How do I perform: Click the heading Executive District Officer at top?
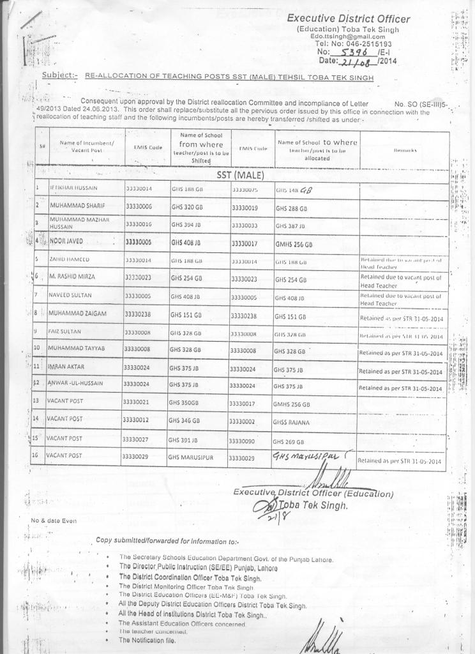point(348,19)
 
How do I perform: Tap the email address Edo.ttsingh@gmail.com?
point(347,36)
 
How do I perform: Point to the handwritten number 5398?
point(355,52)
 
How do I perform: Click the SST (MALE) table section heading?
point(240,174)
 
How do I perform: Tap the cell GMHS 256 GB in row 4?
point(294,244)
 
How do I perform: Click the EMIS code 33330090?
point(245,441)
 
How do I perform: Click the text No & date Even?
point(54,521)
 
